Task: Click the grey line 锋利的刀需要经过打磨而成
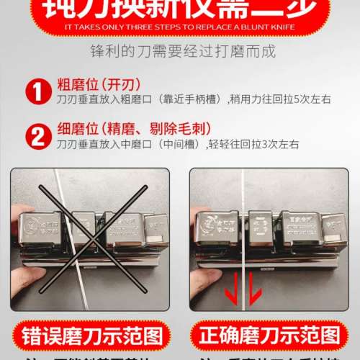coord(180,53)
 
